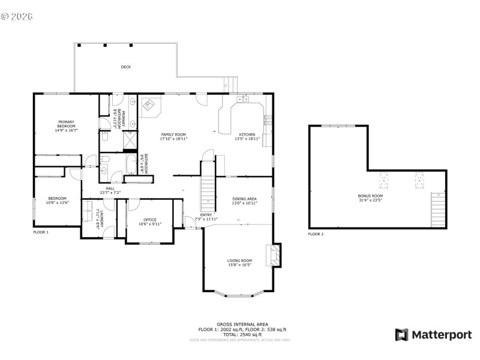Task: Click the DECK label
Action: pyautogui.click(x=125, y=67)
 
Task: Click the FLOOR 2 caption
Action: pyautogui.click(x=316, y=234)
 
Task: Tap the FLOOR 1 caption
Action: pyautogui.click(x=41, y=232)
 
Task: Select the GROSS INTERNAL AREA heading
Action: pyautogui.click(x=242, y=324)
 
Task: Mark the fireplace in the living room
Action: pyautogui.click(x=275, y=254)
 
